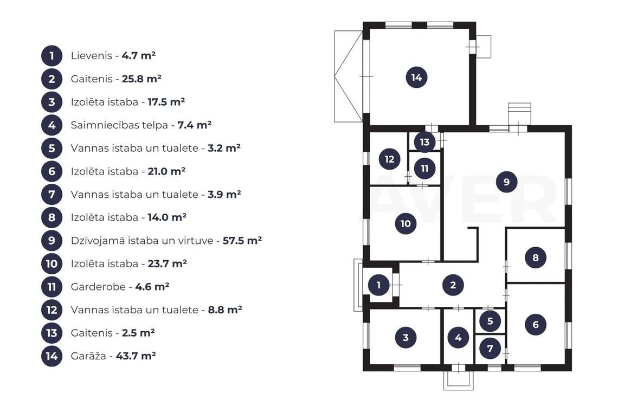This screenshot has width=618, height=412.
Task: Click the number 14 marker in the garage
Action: point(416,78)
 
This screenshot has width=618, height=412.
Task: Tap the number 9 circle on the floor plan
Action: point(506,182)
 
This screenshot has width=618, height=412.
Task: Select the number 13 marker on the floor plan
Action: point(424,142)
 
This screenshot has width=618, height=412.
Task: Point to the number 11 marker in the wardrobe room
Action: point(424,169)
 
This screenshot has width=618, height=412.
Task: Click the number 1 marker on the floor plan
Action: point(379,285)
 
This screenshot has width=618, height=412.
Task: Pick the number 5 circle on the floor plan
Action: point(490,321)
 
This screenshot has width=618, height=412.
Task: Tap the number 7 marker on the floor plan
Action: point(490,348)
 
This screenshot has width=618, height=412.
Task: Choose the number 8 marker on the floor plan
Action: point(535,257)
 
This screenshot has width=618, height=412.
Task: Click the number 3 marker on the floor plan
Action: point(406,338)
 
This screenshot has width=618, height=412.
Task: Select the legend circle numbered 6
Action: point(51,171)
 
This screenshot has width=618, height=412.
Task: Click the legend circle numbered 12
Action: point(51,310)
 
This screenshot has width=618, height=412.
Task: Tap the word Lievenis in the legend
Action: point(92,56)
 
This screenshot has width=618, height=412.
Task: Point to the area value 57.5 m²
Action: point(242,241)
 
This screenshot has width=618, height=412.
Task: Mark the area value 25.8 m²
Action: point(141,79)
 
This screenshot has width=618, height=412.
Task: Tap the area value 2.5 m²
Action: point(138,333)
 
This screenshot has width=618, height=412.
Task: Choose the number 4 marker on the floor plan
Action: point(458,338)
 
